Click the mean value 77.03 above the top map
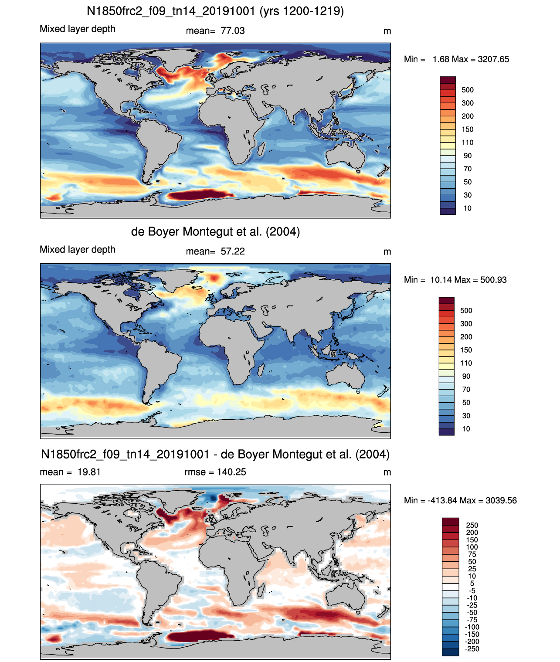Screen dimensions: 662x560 (233, 31)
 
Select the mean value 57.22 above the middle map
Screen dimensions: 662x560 (233, 251)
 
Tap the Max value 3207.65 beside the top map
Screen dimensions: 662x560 (493, 59)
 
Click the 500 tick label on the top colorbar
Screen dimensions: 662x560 (468, 90)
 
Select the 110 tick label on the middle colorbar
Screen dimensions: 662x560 (466, 363)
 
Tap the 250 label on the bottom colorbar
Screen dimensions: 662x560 (472, 525)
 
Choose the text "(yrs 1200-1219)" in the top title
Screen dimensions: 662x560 (302, 11)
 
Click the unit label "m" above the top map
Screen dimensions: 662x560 (387, 31)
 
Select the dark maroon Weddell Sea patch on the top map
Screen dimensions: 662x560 (198, 194)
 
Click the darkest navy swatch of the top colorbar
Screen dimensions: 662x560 (448, 211)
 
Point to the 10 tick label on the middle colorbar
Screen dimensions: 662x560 (466, 429)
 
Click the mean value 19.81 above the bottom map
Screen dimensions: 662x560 (89, 472)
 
